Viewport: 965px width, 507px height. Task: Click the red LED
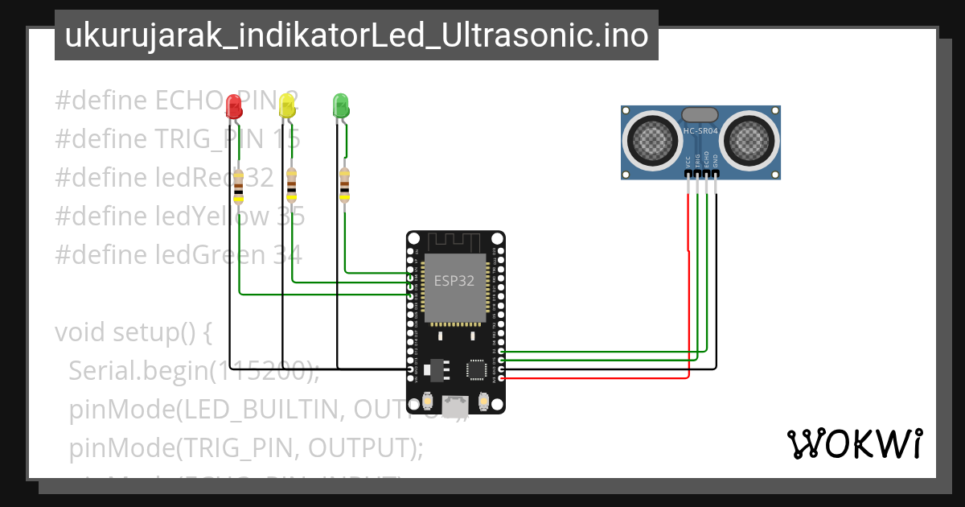pos(234,105)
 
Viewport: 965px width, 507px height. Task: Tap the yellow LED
pos(286,105)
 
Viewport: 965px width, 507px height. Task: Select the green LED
pos(340,105)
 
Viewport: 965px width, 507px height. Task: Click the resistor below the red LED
pos(238,186)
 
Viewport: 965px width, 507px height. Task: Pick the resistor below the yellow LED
pos(291,184)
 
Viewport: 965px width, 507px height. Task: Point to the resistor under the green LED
pos(344,184)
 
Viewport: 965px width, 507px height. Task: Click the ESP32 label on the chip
pos(454,281)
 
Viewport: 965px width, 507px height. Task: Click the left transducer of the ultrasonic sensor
pos(651,141)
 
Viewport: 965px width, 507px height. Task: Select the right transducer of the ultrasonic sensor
pos(751,141)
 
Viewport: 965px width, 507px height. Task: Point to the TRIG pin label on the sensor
pos(697,160)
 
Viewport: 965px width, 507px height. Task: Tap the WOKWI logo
pos(854,443)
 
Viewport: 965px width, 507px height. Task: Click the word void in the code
pos(80,332)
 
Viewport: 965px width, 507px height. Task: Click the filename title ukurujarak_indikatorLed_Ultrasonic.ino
pos(356,35)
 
